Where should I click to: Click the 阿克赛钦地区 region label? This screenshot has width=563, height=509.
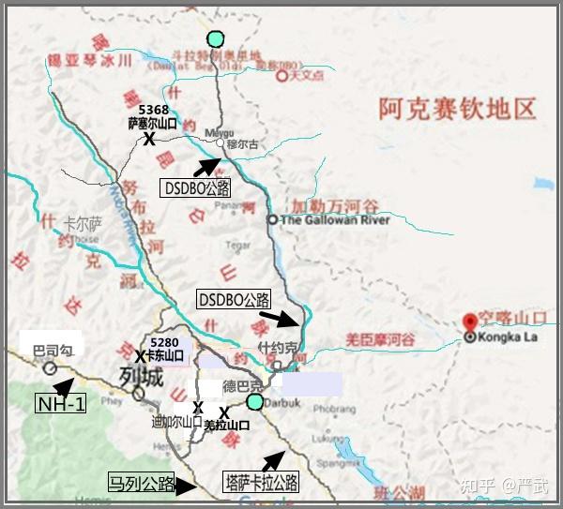pyautogui.click(x=458, y=109)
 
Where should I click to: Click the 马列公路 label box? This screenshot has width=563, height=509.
pyautogui.click(x=142, y=485)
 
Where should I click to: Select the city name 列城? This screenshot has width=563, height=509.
pyautogui.click(x=141, y=377)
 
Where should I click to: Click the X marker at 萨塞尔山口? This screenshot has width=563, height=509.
pyautogui.click(x=148, y=139)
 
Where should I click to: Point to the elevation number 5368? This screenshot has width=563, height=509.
pyautogui.click(x=153, y=109)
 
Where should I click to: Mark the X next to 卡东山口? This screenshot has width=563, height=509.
pyautogui.click(x=139, y=357)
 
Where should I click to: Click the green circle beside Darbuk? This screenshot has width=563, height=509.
pyautogui.click(x=254, y=402)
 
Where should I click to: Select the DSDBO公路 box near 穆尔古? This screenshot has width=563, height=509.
pyautogui.click(x=196, y=187)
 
